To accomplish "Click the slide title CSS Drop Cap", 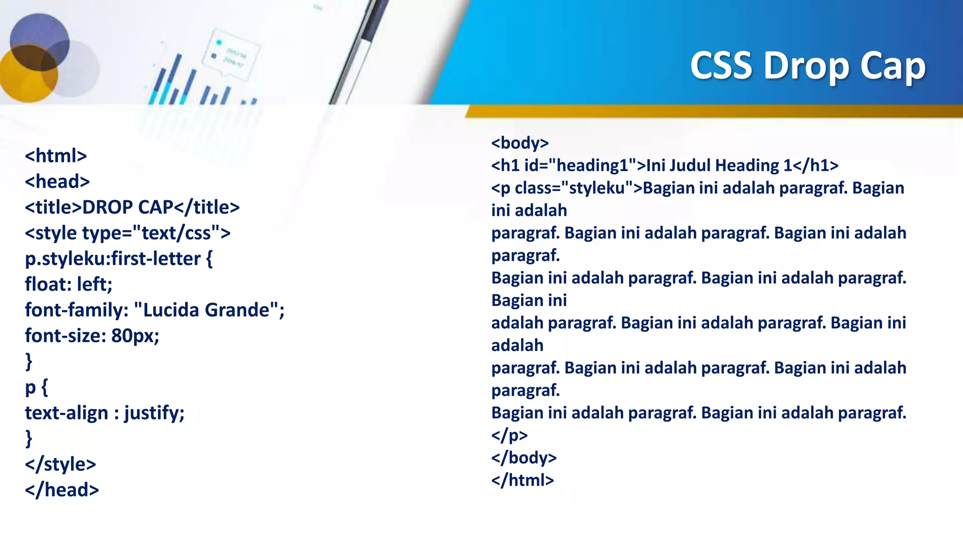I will point(807,66).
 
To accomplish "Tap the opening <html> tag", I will point(56,156).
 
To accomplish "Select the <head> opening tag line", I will point(57,182).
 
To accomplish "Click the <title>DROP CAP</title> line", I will point(132,207).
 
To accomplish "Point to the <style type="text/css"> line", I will point(127,233).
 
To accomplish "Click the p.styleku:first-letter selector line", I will point(118,259).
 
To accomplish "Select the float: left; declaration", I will point(69,285).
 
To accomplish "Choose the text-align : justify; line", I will point(104,413).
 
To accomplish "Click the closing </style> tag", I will point(60,464).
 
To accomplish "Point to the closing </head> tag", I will point(62,490).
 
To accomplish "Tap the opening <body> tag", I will point(520,143).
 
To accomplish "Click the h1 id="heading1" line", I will point(664,166).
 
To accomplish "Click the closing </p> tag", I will point(509,435).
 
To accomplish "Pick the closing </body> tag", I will point(524,458).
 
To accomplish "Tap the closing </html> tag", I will point(522,480).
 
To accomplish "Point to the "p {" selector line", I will point(36,387).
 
